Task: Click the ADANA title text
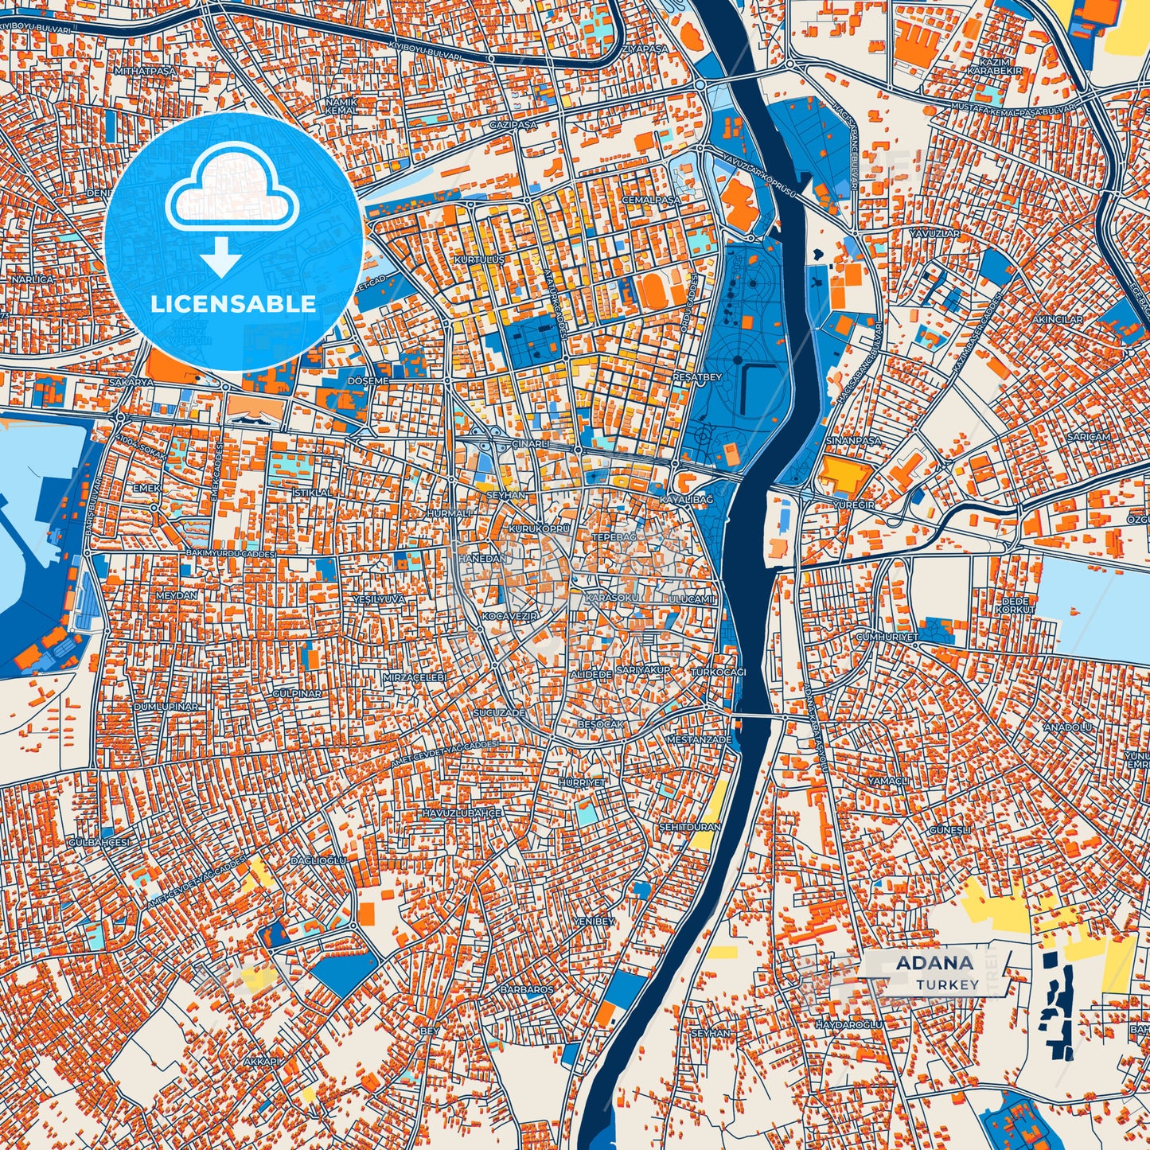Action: [934, 962]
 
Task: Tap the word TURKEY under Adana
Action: [947, 984]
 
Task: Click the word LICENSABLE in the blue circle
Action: [233, 303]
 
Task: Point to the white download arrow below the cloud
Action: [220, 256]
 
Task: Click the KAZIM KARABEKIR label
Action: [994, 67]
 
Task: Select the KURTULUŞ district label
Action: [479, 260]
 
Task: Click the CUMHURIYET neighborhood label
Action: [887, 637]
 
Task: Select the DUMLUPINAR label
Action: [166, 707]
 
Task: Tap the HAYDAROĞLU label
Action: [849, 1025]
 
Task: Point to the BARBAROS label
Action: [526, 989]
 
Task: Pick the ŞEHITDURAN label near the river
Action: [689, 827]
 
